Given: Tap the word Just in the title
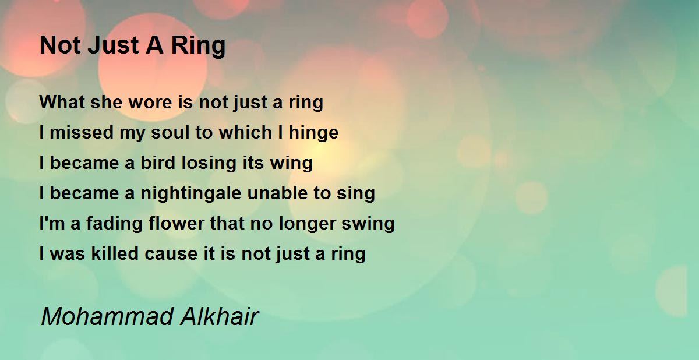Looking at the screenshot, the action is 113,45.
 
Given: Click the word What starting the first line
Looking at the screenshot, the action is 62,102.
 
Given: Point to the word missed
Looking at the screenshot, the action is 82,132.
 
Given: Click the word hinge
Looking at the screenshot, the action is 313,133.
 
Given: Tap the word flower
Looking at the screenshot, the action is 176,223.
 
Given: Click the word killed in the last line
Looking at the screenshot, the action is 115,253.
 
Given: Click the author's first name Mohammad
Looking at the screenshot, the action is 107,317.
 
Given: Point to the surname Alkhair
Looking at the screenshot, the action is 220,317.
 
